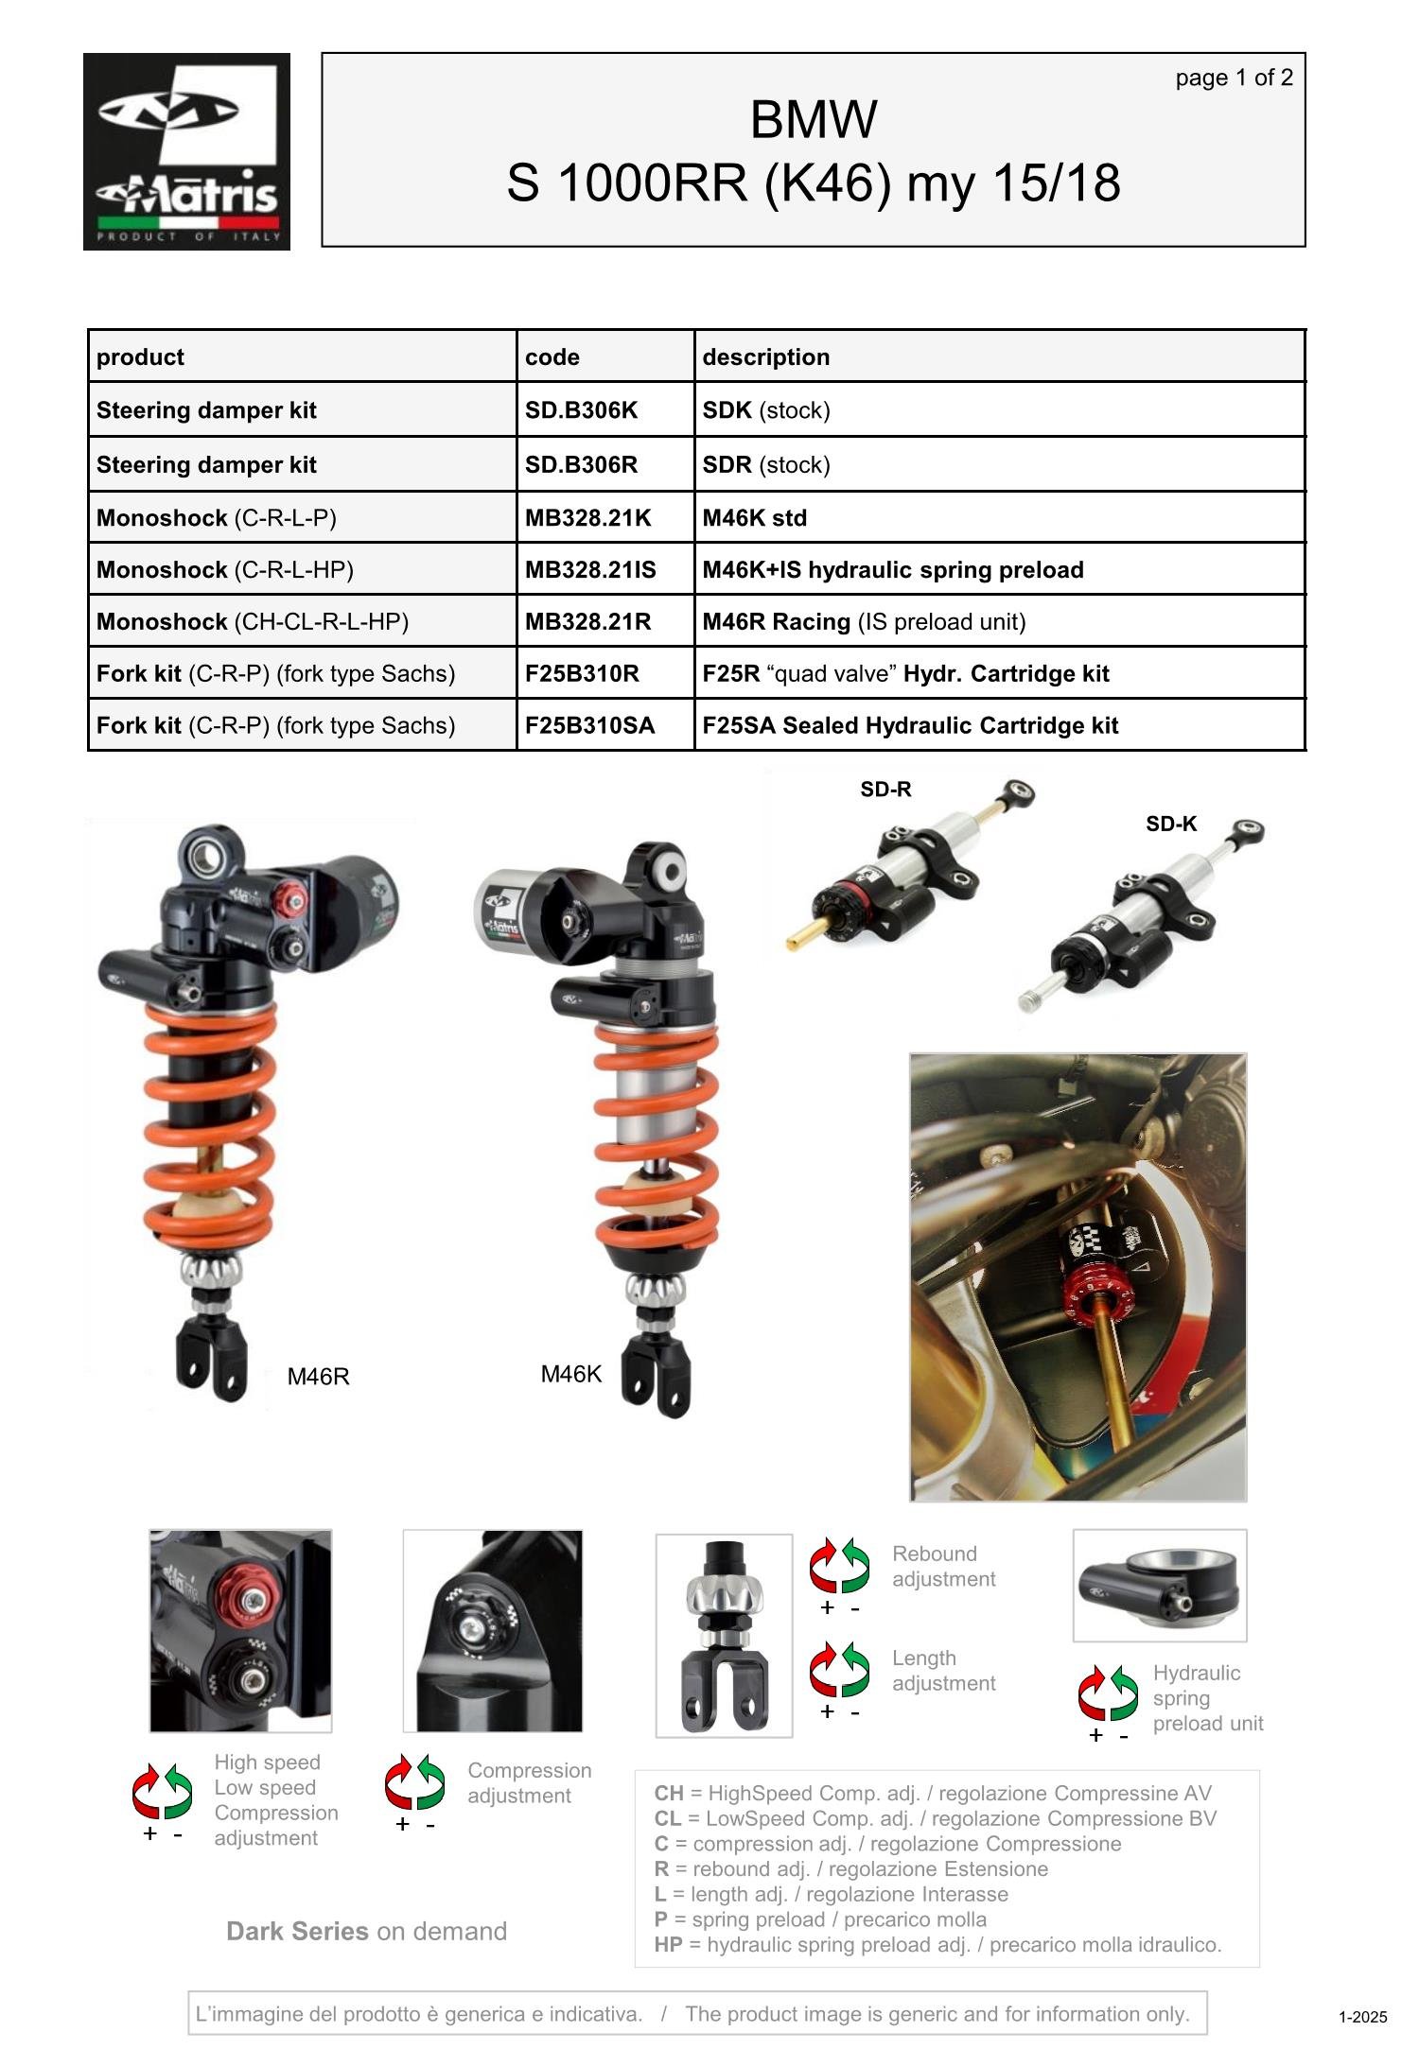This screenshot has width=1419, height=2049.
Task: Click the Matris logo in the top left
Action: tap(186, 151)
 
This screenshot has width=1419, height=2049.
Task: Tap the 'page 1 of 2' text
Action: tap(1233, 78)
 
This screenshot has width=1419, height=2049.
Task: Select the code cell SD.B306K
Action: tap(581, 409)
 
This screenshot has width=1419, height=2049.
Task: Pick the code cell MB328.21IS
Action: tap(590, 569)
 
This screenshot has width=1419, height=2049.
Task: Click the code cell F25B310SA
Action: tap(589, 725)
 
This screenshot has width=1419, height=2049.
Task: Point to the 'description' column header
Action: tap(765, 356)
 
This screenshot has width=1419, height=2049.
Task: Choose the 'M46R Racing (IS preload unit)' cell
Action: tap(863, 621)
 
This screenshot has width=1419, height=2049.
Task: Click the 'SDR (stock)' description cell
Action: tap(765, 464)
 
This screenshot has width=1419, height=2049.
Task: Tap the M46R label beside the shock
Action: tap(318, 1377)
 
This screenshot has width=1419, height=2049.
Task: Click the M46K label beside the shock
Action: tap(570, 1374)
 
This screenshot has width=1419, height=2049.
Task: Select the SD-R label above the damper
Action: tap(885, 789)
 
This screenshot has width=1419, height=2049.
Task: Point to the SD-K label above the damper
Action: tap(1171, 824)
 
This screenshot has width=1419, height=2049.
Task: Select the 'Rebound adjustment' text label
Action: tap(943, 1566)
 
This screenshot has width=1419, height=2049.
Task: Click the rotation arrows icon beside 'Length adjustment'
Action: tap(839, 1670)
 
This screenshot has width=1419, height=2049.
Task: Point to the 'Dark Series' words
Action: tap(297, 1931)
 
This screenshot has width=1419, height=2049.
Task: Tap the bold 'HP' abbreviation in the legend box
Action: tap(668, 1944)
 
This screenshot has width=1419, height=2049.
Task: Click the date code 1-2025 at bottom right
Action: tap(1362, 2017)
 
